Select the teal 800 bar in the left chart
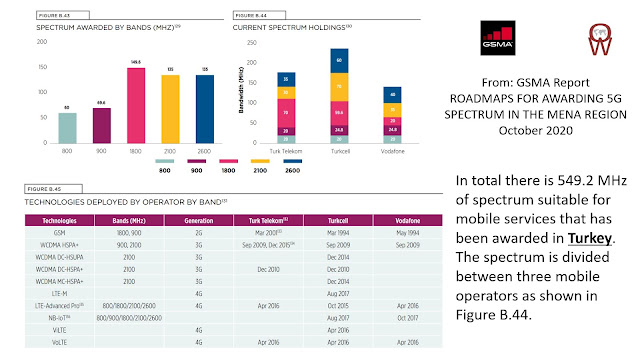click(67, 128)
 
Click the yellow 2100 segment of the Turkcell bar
click(339, 88)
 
